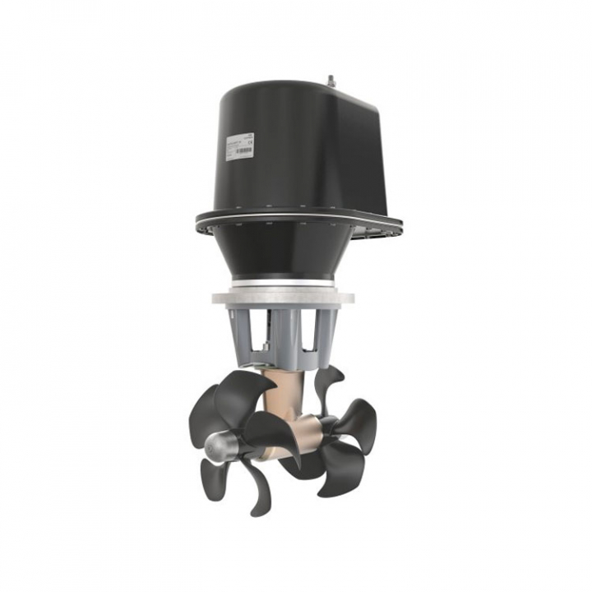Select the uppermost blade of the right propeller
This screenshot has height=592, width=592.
pyautogui.click(x=329, y=382)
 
